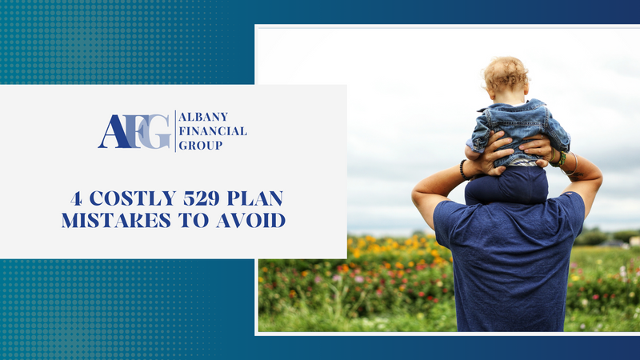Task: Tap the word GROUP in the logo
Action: tap(201, 146)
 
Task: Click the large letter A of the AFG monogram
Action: tap(112, 132)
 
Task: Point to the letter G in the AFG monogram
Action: tap(158, 131)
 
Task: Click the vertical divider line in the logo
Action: tap(174, 131)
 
